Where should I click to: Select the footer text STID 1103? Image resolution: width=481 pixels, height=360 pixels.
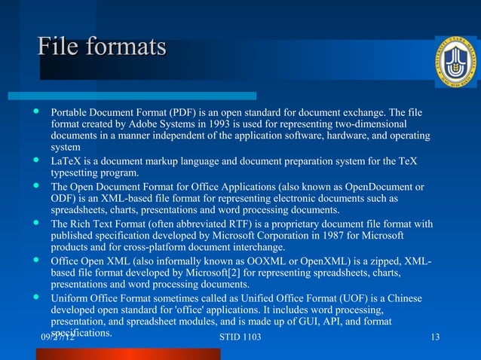pos(240,337)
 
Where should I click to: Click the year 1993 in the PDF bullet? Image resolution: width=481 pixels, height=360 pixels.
pos(219,124)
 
